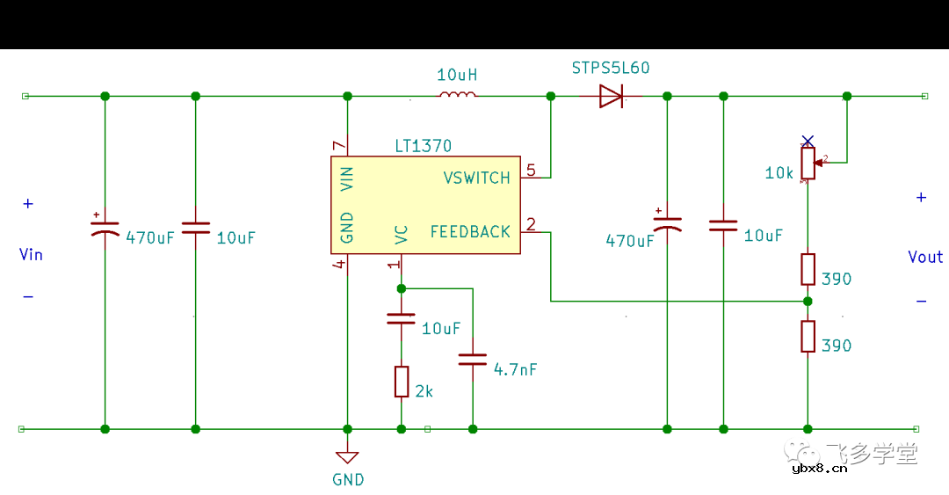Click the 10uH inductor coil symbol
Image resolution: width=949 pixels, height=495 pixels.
(x=457, y=95)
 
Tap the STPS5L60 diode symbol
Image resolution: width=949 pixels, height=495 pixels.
(x=612, y=96)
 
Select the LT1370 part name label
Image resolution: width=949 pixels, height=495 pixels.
(x=424, y=146)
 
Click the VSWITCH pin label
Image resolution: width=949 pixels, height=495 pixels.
(x=476, y=178)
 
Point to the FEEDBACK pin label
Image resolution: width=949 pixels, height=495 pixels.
(x=470, y=232)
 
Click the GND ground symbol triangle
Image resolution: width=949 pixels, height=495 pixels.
(x=347, y=457)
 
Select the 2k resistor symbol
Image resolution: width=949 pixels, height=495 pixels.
(x=402, y=382)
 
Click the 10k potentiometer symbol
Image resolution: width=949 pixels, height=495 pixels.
(x=808, y=163)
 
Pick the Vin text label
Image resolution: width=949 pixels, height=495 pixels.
(x=31, y=255)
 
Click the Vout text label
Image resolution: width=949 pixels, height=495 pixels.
(x=925, y=257)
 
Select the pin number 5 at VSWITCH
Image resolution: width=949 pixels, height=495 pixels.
(x=530, y=169)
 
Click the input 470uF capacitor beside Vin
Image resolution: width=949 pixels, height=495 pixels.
(x=105, y=228)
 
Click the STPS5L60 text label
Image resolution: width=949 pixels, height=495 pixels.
(x=611, y=68)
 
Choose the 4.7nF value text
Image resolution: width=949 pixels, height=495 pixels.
(x=515, y=370)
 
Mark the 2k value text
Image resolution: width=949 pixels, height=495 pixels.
(x=424, y=392)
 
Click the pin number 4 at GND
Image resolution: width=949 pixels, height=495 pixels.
(x=339, y=264)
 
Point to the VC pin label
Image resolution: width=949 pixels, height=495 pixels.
(x=402, y=235)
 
